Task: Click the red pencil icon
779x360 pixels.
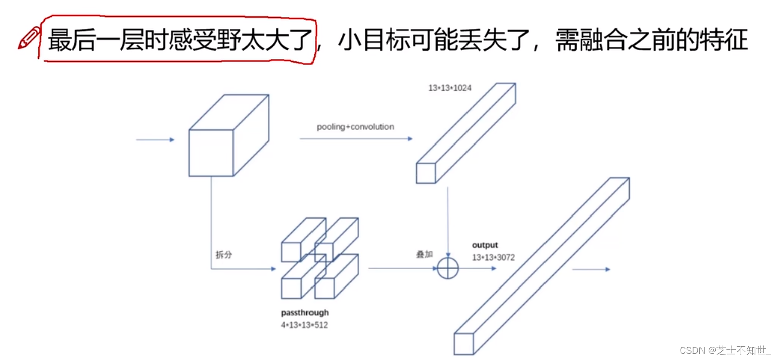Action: pos(29,39)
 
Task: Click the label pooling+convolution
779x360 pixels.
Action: pos(355,127)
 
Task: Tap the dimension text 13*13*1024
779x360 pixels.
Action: pos(449,88)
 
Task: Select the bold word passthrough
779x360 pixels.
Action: pos(304,313)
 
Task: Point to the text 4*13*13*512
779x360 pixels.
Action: pos(304,325)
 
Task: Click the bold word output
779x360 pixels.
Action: pos(485,245)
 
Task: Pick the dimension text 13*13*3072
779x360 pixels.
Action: pos(493,257)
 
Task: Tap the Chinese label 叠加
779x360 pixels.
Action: pos(424,254)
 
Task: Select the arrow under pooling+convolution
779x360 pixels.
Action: pos(356,139)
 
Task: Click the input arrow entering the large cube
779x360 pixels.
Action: pos(155,140)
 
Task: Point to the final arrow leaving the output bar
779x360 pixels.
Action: pos(591,270)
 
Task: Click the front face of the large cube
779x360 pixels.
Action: pos(211,153)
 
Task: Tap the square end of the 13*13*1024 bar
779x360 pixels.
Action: pos(425,173)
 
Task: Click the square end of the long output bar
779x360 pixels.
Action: pos(464,344)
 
